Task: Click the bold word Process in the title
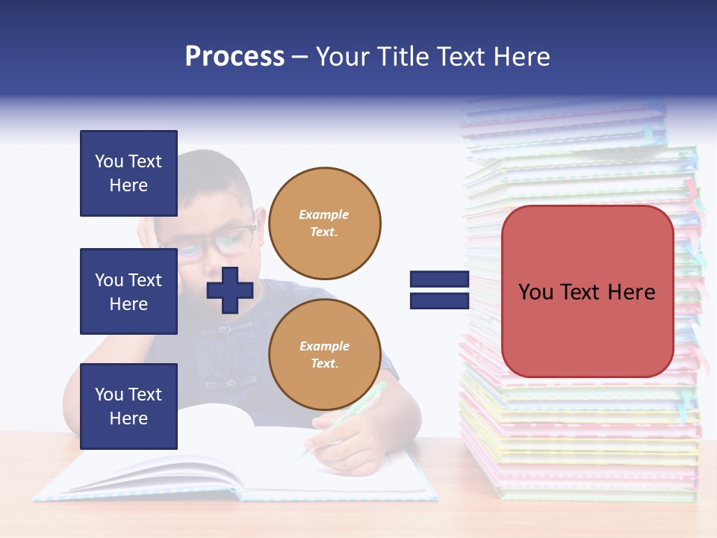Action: click(x=235, y=57)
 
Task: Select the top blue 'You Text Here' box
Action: click(x=128, y=173)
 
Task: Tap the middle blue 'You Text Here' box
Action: click(x=128, y=291)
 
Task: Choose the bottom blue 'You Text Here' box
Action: click(x=128, y=406)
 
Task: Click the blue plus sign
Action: click(x=230, y=290)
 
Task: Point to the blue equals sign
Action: click(x=439, y=290)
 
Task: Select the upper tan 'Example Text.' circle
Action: click(x=324, y=223)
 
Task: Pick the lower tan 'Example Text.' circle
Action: click(x=324, y=355)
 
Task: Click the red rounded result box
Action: click(x=587, y=291)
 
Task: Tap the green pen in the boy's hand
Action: click(x=366, y=403)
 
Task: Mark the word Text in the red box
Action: click(x=587, y=292)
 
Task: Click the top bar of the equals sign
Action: click(x=439, y=279)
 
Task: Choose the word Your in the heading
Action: click(x=342, y=57)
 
